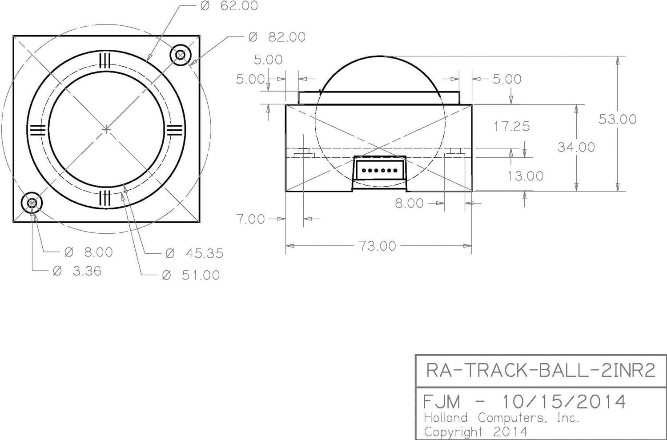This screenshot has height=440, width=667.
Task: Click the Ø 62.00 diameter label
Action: coord(229,6)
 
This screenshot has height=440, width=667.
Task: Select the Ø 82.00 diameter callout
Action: coord(277,37)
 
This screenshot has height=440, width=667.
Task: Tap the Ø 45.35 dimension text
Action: coord(194,253)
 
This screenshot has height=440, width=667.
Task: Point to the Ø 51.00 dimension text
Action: coord(191,275)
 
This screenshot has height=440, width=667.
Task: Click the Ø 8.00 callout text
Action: coord(89,252)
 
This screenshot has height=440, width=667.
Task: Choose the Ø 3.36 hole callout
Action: coord(77,271)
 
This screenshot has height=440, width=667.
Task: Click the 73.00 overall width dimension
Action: coord(378,246)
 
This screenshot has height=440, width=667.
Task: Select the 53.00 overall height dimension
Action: coord(617,119)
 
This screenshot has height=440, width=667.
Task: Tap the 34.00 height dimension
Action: coord(576,147)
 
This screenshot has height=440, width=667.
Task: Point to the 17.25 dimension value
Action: coord(512,127)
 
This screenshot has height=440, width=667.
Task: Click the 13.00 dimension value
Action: coord(525,176)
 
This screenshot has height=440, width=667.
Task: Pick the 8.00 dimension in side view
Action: coord(409,203)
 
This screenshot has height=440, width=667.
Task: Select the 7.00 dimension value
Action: coord(250,219)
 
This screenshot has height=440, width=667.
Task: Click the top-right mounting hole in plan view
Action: coord(181,55)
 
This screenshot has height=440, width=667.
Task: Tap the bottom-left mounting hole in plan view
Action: coord(32,203)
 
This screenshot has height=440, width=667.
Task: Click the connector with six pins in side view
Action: coord(379,170)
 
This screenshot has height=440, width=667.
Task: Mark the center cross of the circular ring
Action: coord(106,129)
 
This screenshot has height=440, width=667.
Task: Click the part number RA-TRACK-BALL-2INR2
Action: coord(541,370)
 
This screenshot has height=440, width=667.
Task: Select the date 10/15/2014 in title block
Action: coord(564,402)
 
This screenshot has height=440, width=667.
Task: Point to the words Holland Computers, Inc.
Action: coord(502,418)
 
